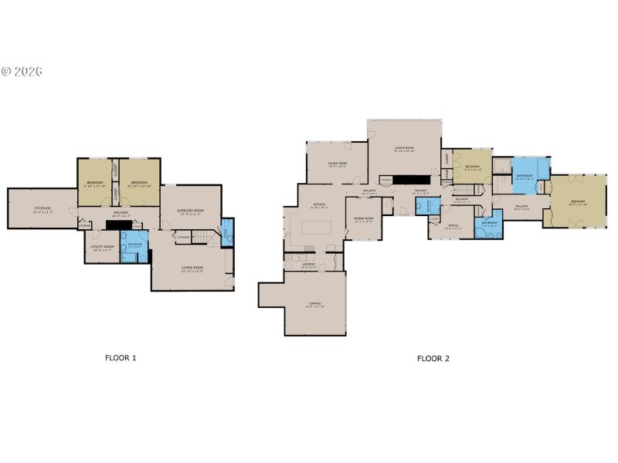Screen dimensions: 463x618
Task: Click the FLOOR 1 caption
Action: pyautogui.click(x=121, y=358)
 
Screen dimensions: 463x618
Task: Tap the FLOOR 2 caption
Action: pyautogui.click(x=433, y=358)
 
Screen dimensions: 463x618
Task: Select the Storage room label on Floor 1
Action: pyautogui.click(x=42, y=208)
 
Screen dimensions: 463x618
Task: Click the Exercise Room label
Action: pyautogui.click(x=190, y=211)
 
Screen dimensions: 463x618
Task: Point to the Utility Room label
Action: pyautogui.click(x=104, y=248)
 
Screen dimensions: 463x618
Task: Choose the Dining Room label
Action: pyautogui.click(x=364, y=219)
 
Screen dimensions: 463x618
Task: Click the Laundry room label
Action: pyautogui.click(x=307, y=265)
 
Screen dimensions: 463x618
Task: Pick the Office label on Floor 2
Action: pyautogui.click(x=453, y=226)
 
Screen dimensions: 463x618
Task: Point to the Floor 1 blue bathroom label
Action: pyautogui.click(x=134, y=245)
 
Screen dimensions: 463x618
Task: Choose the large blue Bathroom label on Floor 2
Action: pyautogui.click(x=525, y=177)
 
